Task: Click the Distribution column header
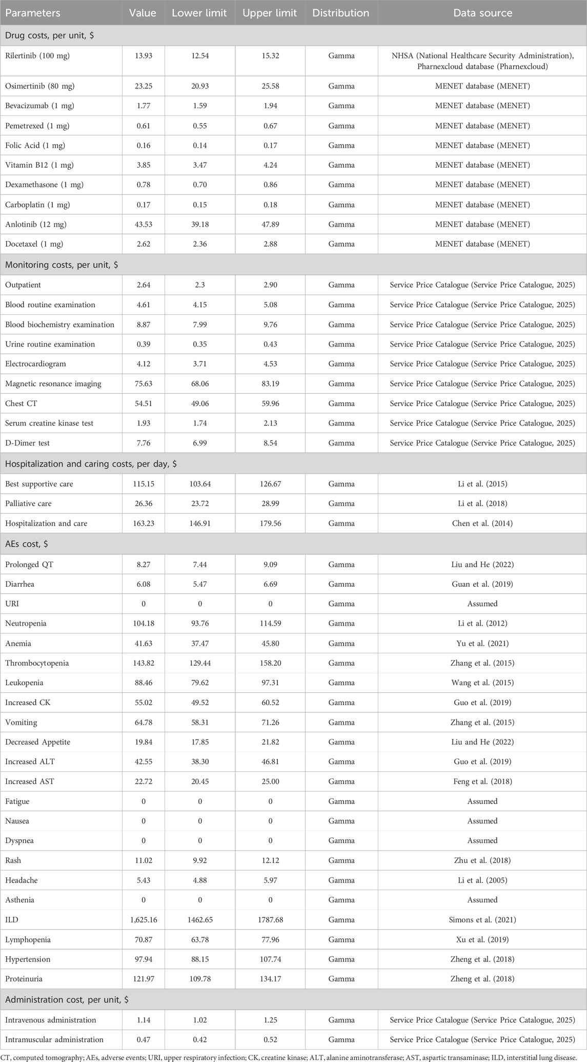[341, 13]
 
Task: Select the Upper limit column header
[270, 13]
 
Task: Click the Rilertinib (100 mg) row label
[37, 56]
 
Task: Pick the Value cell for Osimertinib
[143, 86]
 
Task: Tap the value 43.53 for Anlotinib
[143, 224]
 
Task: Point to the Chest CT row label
[21, 404]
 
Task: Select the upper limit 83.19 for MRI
[270, 384]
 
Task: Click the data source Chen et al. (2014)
[482, 524]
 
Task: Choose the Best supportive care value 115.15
[143, 484]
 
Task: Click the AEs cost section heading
[30, 544]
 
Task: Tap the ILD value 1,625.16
[143, 920]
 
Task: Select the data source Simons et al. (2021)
[482, 920]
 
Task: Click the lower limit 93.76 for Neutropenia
[199, 624]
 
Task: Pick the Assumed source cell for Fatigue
[482, 801]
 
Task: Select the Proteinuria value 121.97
[143, 979]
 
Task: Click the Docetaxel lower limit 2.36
[199, 244]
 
